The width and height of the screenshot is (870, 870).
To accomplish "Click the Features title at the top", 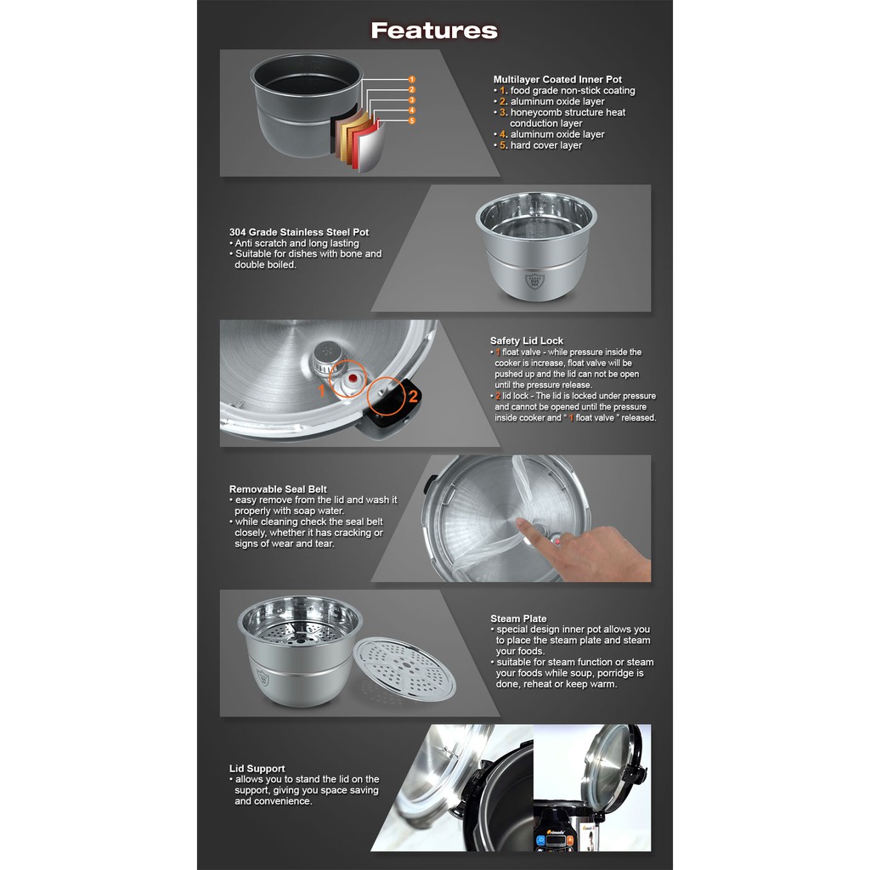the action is tap(434, 31).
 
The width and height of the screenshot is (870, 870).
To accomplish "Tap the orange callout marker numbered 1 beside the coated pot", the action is tap(412, 79).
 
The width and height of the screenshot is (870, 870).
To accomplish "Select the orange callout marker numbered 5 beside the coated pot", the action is tap(412, 121).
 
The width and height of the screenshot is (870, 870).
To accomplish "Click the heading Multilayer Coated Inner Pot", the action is tap(557, 79).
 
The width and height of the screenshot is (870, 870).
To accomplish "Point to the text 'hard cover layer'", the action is tap(546, 145).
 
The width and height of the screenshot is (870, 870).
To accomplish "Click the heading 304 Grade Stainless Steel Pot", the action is tap(298, 232).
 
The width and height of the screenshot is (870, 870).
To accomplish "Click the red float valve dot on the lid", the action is tap(352, 379).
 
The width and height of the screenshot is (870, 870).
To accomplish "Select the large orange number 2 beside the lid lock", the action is tap(413, 396).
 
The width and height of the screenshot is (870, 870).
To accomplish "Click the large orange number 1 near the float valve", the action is tap(321, 391).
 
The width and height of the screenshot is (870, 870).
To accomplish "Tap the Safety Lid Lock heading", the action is tap(526, 341).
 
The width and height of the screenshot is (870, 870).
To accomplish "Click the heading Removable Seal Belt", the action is tap(278, 489).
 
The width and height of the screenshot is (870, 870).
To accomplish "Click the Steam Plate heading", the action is tap(518, 619).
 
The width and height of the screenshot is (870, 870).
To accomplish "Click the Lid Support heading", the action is tap(257, 768).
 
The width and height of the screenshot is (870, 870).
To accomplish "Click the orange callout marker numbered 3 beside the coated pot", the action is tap(412, 100).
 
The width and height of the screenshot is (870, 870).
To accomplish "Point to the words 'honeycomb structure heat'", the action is tap(568, 112).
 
